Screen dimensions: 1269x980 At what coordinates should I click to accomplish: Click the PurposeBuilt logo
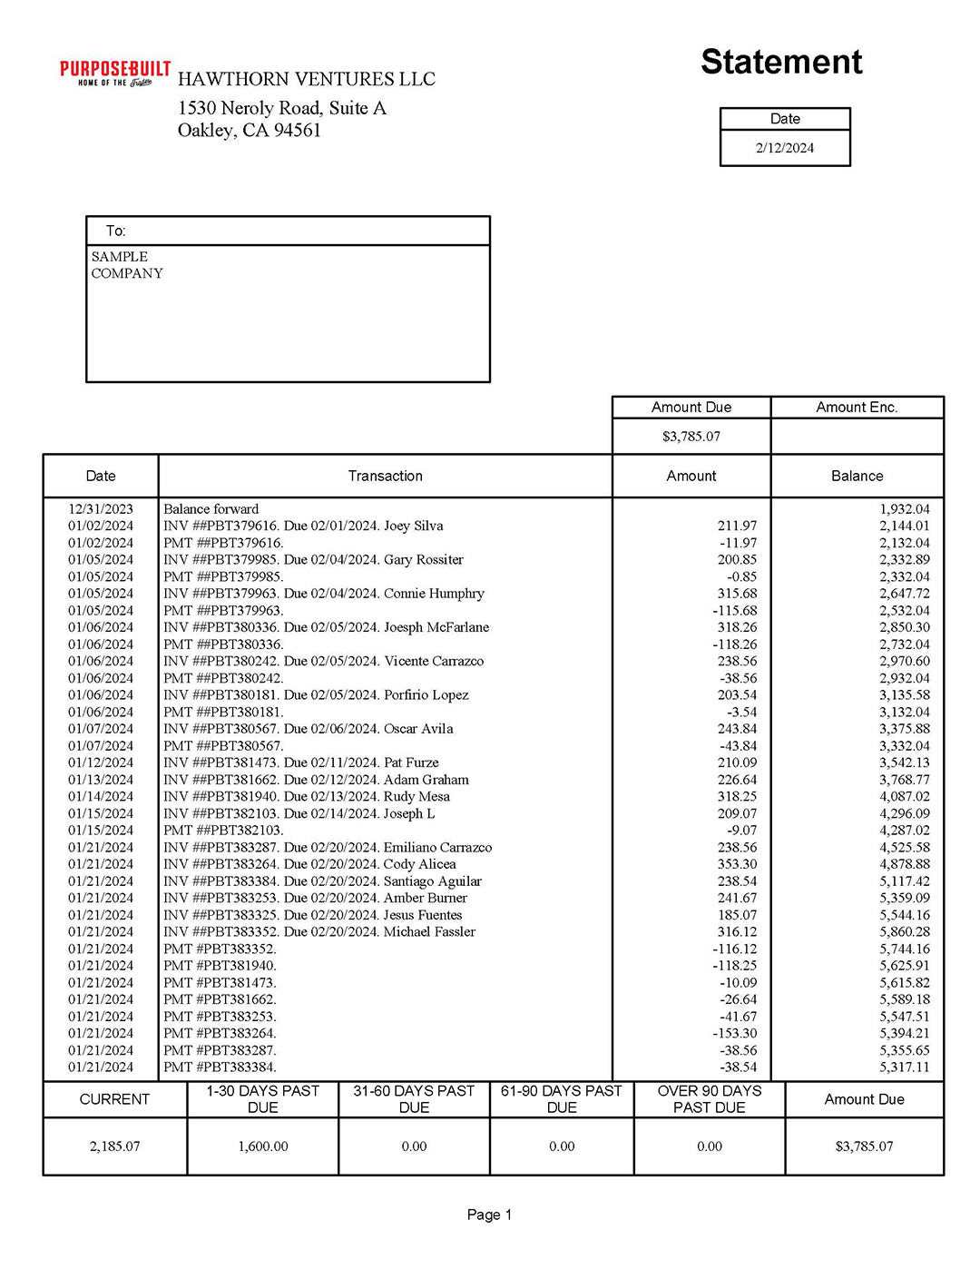[115, 74]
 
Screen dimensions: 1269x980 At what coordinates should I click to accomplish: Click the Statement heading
[781, 62]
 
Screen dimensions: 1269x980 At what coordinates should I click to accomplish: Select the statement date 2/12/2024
[785, 148]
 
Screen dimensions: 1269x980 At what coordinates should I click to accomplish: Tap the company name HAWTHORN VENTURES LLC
[307, 80]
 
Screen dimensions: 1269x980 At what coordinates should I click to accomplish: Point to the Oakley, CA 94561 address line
[250, 131]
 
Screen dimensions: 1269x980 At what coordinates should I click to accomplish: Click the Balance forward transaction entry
[211, 509]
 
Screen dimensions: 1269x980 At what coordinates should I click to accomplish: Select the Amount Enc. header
[857, 408]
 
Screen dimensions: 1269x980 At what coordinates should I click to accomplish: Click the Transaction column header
[385, 476]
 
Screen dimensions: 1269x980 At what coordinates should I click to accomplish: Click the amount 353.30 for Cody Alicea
[737, 864]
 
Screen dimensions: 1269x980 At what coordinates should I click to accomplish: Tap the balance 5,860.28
[904, 931]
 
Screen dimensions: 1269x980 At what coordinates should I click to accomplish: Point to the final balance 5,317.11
[904, 1067]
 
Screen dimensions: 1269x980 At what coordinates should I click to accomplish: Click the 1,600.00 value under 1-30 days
[263, 1146]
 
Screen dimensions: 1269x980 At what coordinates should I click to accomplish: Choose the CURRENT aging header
[114, 1099]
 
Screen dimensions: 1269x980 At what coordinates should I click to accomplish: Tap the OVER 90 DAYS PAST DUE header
[710, 1099]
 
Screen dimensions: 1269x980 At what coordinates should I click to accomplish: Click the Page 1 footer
[489, 1215]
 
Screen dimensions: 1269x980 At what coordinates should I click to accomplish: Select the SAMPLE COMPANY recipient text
[127, 265]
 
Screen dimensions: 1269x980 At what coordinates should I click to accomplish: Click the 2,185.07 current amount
[114, 1146]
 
